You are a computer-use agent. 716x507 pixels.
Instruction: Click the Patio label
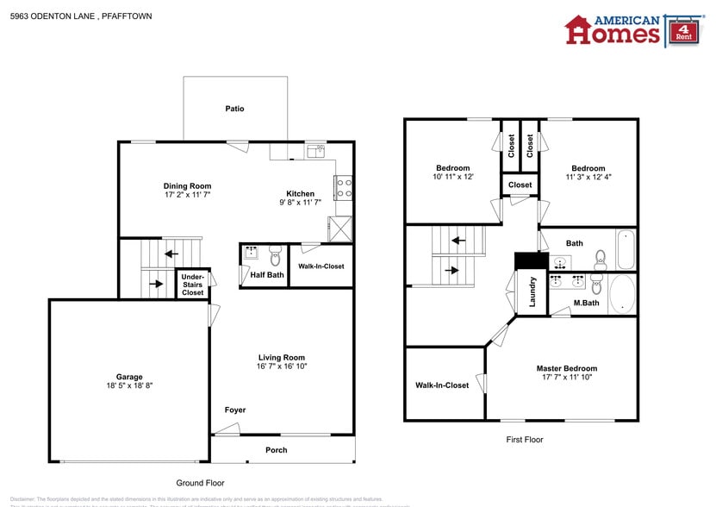(234, 109)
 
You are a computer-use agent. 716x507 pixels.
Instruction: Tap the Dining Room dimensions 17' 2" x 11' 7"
(187, 196)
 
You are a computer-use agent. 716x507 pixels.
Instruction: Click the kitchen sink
(315, 151)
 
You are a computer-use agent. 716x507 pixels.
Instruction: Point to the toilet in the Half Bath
(275, 254)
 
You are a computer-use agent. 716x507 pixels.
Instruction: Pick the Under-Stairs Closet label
(192, 285)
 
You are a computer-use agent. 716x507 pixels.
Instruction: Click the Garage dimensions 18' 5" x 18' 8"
(129, 386)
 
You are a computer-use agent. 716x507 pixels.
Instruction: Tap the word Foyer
(235, 410)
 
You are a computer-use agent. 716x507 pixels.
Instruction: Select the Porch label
(277, 450)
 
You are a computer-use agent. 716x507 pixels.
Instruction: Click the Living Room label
(282, 357)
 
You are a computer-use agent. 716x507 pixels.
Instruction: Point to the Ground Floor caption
(200, 484)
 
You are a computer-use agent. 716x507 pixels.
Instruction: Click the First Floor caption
(524, 440)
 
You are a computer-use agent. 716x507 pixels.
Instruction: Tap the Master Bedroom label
(566, 368)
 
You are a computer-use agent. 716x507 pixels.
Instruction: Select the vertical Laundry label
(532, 291)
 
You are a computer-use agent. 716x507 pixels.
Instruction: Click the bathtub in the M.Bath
(622, 294)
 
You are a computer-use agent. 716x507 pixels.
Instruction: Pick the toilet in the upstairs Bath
(601, 257)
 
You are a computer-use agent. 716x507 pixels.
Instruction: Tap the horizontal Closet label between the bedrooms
(520, 185)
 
